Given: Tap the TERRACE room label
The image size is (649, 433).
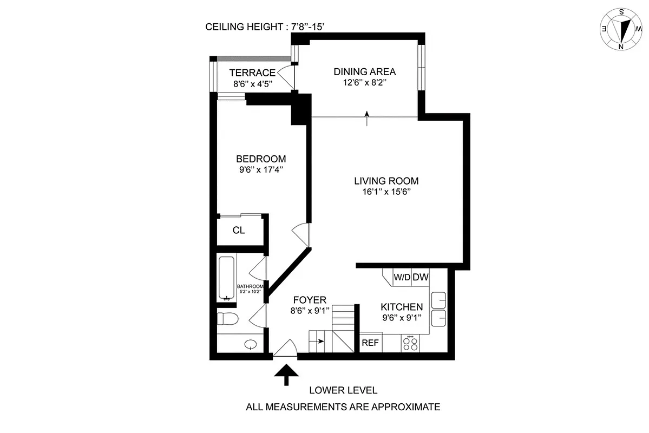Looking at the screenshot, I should (x=252, y=73).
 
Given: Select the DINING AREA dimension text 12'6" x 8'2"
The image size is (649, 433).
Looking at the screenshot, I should (x=364, y=83).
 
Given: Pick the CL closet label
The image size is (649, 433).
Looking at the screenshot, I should (x=239, y=230).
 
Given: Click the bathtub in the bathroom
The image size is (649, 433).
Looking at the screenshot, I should (x=226, y=279).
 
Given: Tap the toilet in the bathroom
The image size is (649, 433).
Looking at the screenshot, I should (x=226, y=318).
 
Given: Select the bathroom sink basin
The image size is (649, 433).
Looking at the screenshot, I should (x=251, y=344).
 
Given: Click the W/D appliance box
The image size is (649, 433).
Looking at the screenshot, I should (x=402, y=277).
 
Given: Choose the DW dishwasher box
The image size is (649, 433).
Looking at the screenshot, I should (x=421, y=277).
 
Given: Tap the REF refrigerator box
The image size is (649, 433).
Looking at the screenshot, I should (x=370, y=343).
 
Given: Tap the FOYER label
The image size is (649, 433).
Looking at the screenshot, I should (x=310, y=300).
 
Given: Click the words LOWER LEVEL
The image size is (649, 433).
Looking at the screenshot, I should (x=343, y=390).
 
